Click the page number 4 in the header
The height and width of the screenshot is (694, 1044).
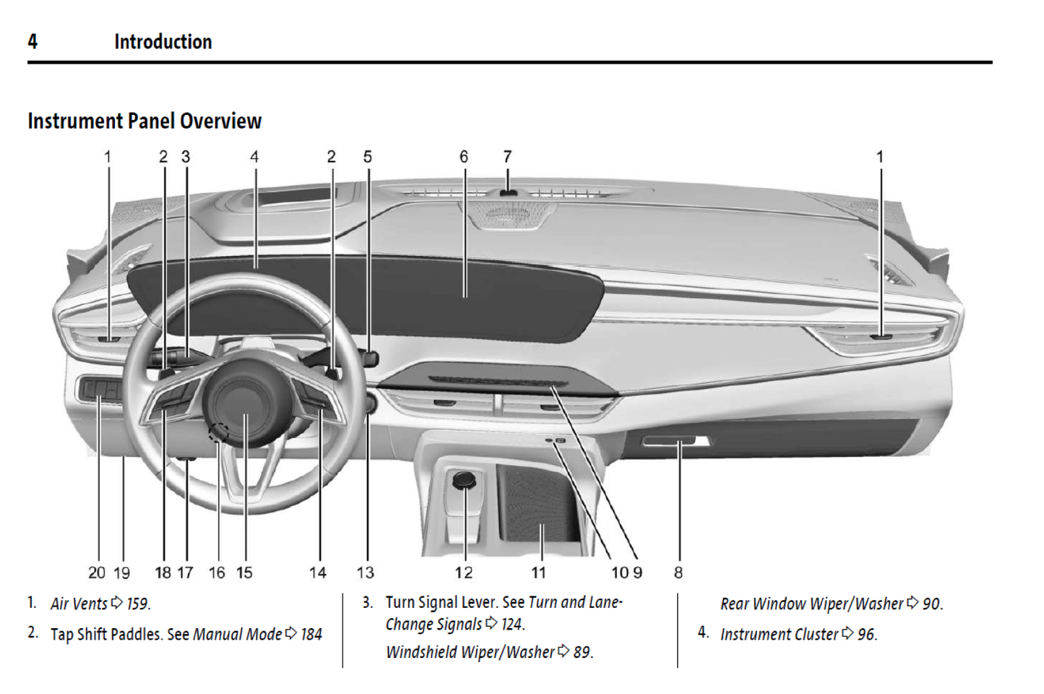pyautogui.click(x=33, y=42)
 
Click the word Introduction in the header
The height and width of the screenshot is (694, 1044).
pyautogui.click(x=163, y=42)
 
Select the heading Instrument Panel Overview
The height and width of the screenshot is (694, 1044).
pyautogui.click(x=144, y=121)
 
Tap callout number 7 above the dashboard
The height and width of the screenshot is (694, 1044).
pyautogui.click(x=507, y=157)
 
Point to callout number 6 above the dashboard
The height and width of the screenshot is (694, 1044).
pyautogui.click(x=464, y=157)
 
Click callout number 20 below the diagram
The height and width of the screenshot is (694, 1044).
pyautogui.click(x=97, y=573)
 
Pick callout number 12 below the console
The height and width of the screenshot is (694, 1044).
pyautogui.click(x=464, y=573)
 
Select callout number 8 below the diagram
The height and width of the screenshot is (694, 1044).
pyautogui.click(x=678, y=573)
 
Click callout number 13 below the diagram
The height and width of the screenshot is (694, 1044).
pyautogui.click(x=366, y=573)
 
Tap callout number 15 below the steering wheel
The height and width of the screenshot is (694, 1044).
pyautogui.click(x=245, y=573)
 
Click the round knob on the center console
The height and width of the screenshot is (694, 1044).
pyautogui.click(x=462, y=479)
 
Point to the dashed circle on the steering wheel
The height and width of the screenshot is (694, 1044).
pyautogui.click(x=218, y=433)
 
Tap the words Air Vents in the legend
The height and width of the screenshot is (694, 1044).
pyautogui.click(x=79, y=604)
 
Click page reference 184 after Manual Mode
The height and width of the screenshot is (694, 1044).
pyautogui.click(x=311, y=635)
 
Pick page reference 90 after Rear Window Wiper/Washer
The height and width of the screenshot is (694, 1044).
pyautogui.click(x=932, y=604)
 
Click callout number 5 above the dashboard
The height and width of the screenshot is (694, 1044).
pyautogui.click(x=368, y=157)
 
